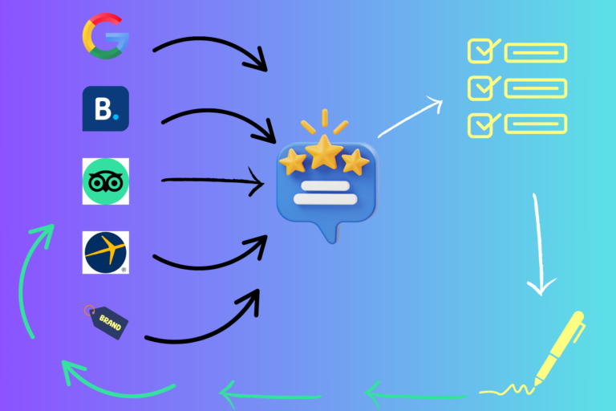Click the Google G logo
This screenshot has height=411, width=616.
[104, 36]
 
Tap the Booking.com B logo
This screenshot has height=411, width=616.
[105, 108]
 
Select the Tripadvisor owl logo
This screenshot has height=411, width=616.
[105, 181]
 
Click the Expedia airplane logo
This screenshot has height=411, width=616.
[105, 252]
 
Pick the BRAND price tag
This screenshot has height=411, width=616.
[107, 321]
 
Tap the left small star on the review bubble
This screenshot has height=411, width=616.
[293, 161]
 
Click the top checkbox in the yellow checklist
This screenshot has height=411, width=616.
[480, 52]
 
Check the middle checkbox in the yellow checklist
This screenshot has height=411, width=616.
[480, 87]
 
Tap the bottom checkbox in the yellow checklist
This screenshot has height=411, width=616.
[480, 124]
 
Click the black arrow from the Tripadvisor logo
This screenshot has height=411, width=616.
[213, 183]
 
